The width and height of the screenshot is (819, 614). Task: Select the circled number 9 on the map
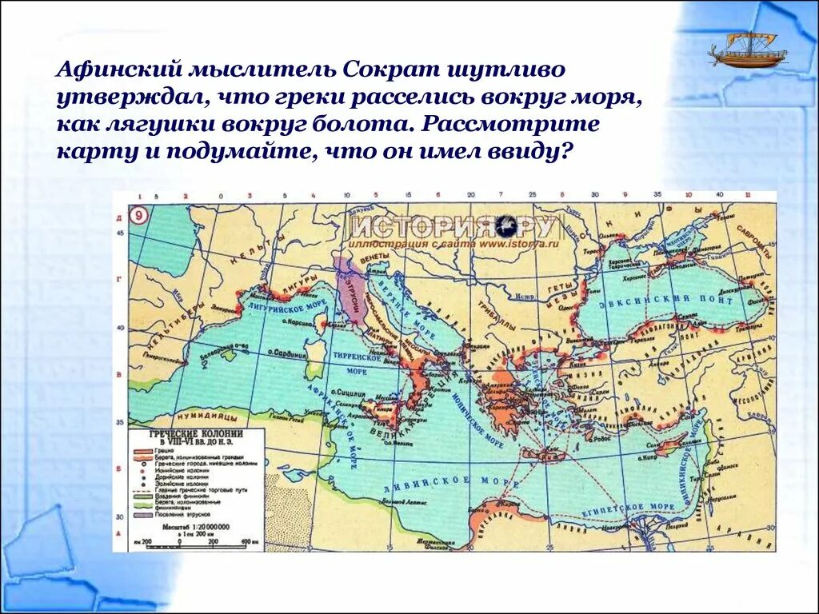[138, 216]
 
